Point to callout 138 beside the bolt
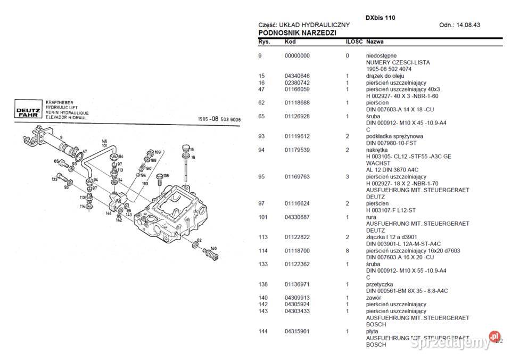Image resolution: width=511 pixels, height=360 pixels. (x=166, y=176)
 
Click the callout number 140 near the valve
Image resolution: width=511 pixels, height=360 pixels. (x=213, y=248)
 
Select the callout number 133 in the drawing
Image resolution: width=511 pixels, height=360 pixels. (x=55, y=179)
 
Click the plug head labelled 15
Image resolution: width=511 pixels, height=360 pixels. (x=185, y=148)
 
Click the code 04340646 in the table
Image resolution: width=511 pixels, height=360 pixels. (x=297, y=76)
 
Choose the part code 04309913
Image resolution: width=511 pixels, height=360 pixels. (x=297, y=298)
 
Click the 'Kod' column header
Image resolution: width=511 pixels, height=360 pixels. (x=290, y=42)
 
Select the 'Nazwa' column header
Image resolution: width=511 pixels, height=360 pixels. (x=375, y=42)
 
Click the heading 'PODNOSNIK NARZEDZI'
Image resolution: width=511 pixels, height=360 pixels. (x=296, y=33)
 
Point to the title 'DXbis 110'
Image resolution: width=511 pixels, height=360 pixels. (x=380, y=18)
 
